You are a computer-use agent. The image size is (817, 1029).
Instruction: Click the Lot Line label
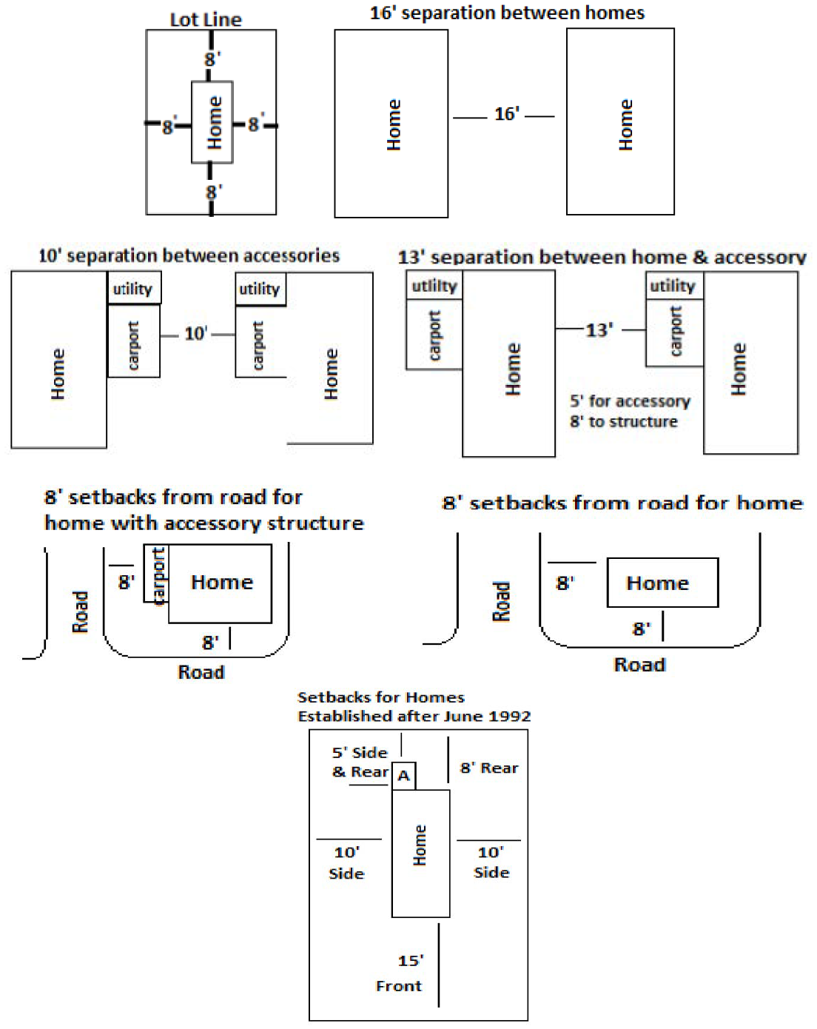pyautogui.click(x=206, y=20)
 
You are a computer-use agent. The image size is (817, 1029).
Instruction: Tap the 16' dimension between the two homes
pyautogui.click(x=506, y=114)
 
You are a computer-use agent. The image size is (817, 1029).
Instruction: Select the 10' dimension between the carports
pyautogui.click(x=195, y=334)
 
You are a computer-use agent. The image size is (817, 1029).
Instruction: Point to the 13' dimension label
pyautogui.click(x=599, y=330)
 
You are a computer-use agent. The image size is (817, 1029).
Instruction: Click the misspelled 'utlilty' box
pyautogui.click(x=434, y=286)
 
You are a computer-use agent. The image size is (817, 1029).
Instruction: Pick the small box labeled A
pyautogui.click(x=403, y=776)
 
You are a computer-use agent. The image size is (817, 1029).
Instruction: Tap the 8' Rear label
pyautogui.click(x=489, y=768)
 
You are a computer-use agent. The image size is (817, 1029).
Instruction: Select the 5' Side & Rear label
pyautogui.click(x=360, y=762)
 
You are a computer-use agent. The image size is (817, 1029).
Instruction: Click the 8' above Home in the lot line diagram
pyautogui.click(x=212, y=58)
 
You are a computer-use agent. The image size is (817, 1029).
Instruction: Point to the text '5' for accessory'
pyautogui.click(x=630, y=401)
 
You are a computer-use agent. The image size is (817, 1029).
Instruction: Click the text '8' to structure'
pyautogui.click(x=624, y=422)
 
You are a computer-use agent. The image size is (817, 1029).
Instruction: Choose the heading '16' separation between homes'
pyautogui.click(x=507, y=13)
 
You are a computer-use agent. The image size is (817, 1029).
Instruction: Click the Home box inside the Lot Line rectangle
pyautogui.click(x=213, y=122)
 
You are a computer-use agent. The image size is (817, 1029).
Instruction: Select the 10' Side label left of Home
pyautogui.click(x=346, y=862)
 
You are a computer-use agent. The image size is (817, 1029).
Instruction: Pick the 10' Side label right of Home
pyautogui.click(x=491, y=862)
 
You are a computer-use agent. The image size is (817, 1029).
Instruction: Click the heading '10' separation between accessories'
pyautogui.click(x=189, y=256)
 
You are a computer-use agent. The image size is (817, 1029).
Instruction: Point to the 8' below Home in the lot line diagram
pyautogui.click(x=213, y=192)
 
